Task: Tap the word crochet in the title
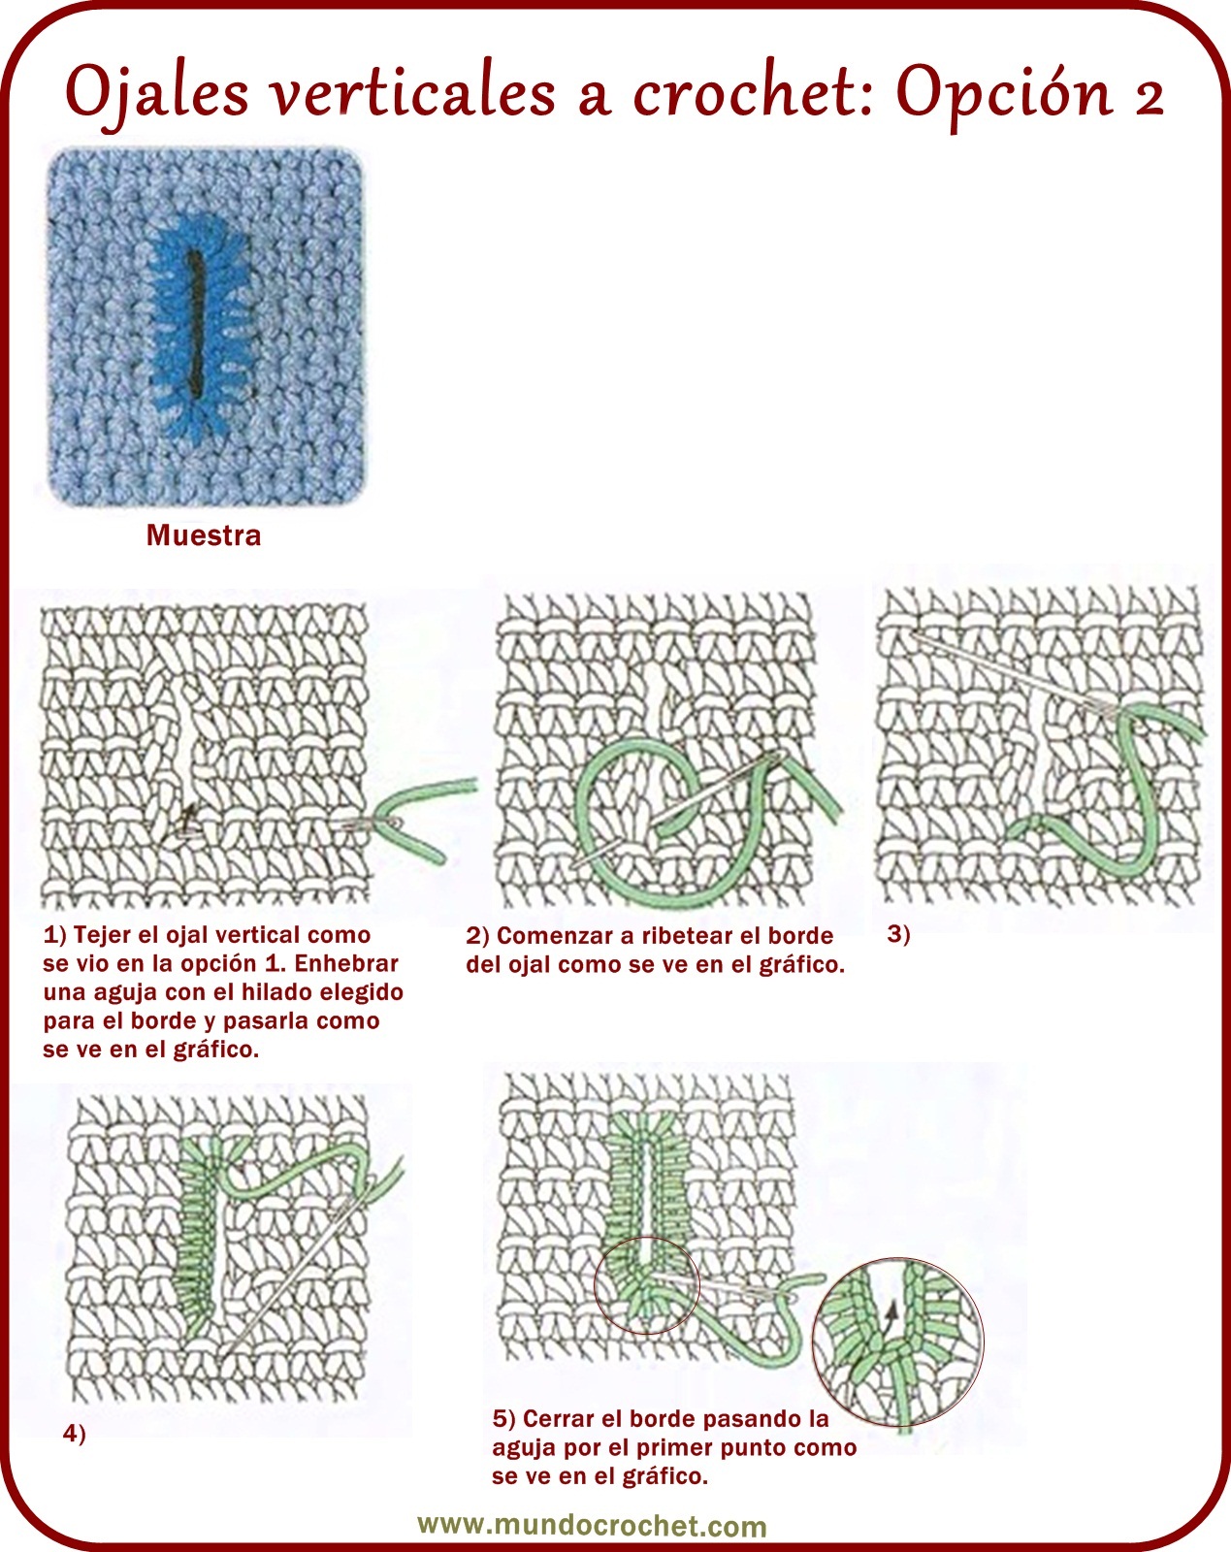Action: (749, 92)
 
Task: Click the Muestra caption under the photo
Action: (204, 535)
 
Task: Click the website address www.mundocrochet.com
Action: (592, 1525)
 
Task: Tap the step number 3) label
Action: (898, 934)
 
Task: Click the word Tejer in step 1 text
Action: (102, 935)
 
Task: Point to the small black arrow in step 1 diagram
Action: (187, 818)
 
